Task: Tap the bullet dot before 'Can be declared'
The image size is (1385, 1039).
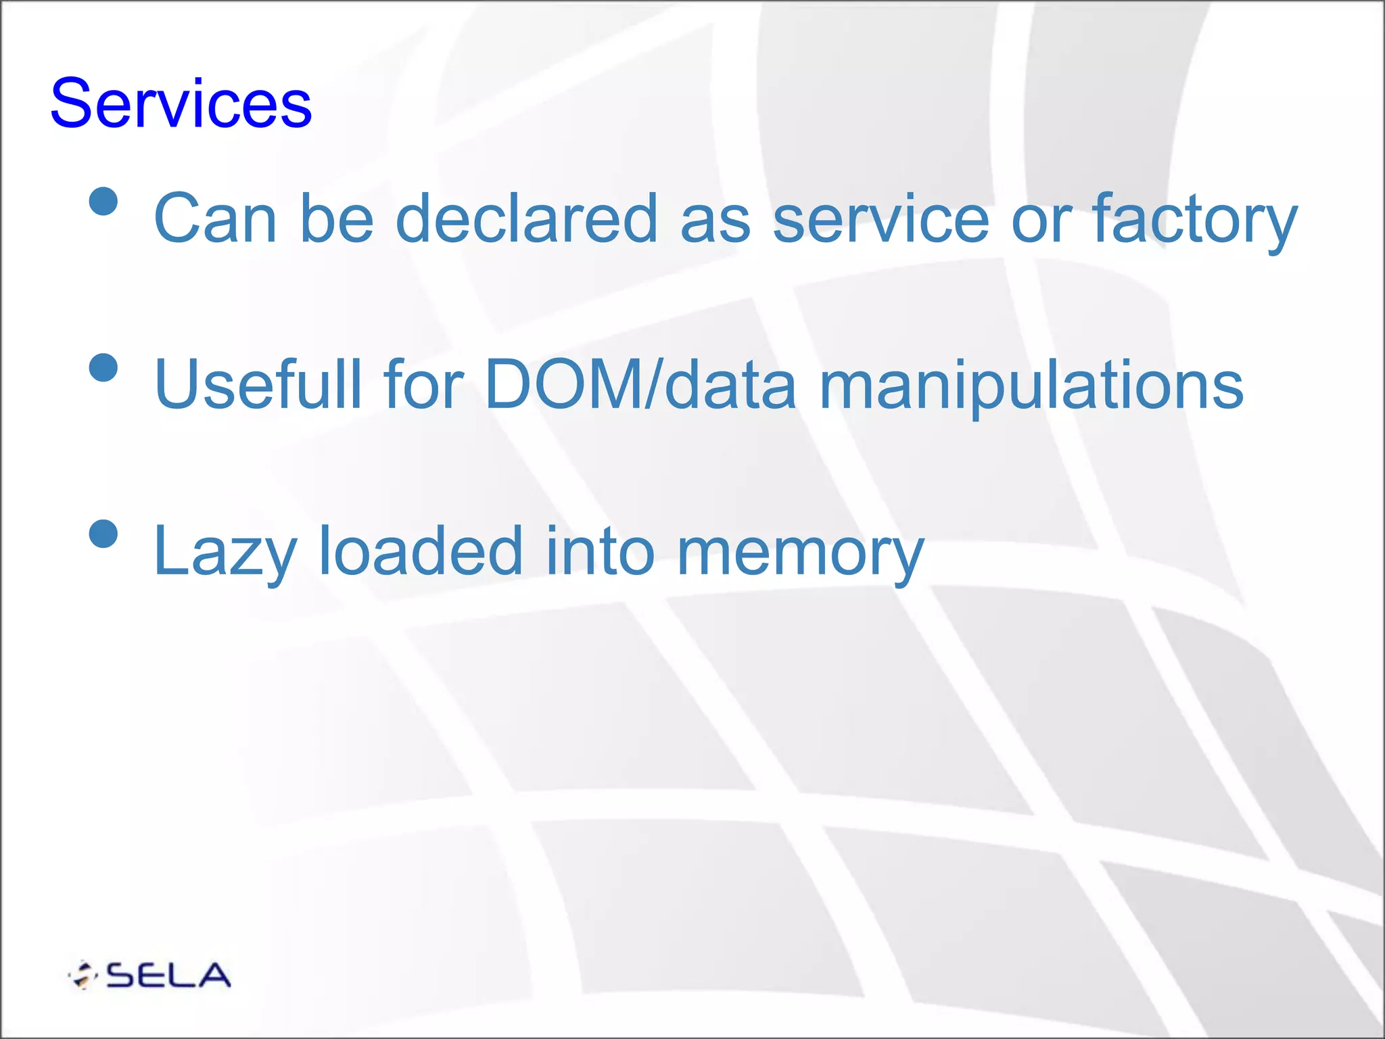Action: click(x=103, y=201)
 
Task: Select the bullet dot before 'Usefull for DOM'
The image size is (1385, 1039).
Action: click(x=103, y=367)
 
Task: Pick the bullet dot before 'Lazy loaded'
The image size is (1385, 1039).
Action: click(x=103, y=533)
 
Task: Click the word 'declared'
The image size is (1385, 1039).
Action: click(x=526, y=218)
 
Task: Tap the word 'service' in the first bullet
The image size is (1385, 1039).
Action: click(x=881, y=218)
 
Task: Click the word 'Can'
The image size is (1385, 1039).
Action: click(x=216, y=218)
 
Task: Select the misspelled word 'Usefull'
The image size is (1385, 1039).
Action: click(x=258, y=384)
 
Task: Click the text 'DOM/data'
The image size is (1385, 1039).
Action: click(x=640, y=384)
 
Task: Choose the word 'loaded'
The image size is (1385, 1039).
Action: click(x=420, y=551)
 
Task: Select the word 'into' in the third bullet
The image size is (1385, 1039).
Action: click(x=600, y=551)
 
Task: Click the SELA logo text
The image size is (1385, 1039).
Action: click(x=168, y=975)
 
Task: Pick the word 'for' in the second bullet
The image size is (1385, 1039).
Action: click(x=423, y=384)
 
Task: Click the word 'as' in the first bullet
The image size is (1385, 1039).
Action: click(x=715, y=219)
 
